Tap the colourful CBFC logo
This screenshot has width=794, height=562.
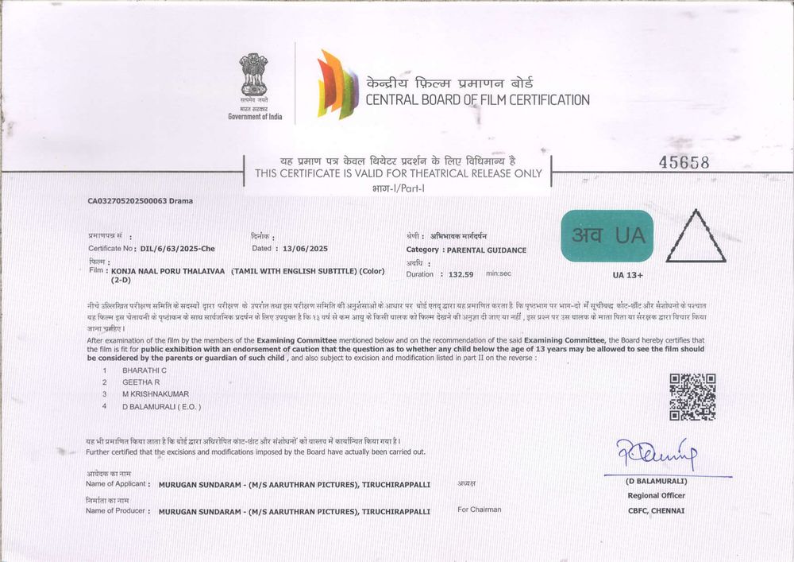(337, 83)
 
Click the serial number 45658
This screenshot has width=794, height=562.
(684, 162)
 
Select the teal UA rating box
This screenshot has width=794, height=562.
(607, 235)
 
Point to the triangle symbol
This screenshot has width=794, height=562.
(696, 238)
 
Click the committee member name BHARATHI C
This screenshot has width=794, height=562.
(144, 370)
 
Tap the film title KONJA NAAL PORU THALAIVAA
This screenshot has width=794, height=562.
(169, 271)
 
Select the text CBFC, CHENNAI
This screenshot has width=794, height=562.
(656, 510)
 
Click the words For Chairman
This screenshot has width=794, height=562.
(480, 509)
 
